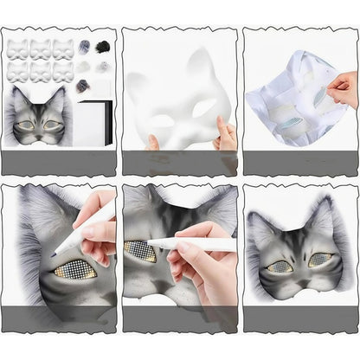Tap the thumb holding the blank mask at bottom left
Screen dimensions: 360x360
coord(153,139)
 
